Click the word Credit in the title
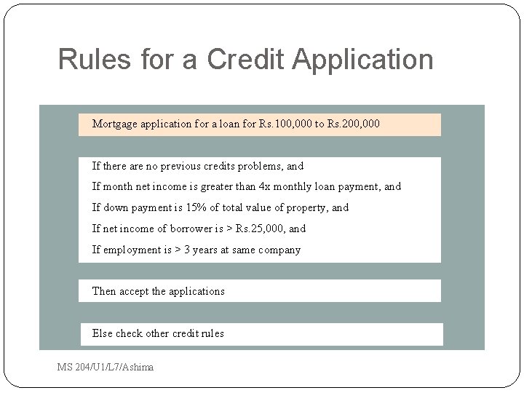pyautogui.click(x=245, y=60)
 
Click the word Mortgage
pyautogui.click(x=115, y=124)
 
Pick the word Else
pyautogui.click(x=102, y=333)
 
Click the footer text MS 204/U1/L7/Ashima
pyautogui.click(x=106, y=367)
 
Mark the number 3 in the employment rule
pyautogui.click(x=187, y=250)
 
